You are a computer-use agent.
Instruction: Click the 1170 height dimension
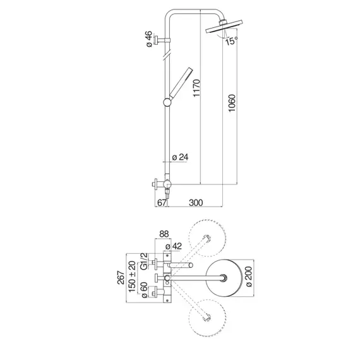[196, 88]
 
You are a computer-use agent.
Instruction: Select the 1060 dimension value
[232, 103]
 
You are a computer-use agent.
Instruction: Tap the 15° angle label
[231, 41]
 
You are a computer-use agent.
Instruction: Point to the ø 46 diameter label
[149, 39]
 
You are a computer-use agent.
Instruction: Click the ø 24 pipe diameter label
[180, 157]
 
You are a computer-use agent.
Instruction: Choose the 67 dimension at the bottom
[162, 203]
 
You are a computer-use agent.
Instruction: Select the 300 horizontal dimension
[196, 203]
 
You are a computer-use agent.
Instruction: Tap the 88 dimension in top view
[164, 234]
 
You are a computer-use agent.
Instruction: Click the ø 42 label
[174, 246]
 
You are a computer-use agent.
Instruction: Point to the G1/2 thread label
[144, 261]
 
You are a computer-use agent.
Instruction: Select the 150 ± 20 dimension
[132, 277]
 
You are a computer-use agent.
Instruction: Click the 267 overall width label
[121, 277]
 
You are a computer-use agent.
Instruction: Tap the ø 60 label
[144, 290]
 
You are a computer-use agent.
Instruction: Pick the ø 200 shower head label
[249, 277]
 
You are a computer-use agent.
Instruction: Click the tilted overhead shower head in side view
[224, 27]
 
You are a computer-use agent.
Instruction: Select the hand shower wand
[181, 83]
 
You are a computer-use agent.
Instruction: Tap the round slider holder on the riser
[167, 102]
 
